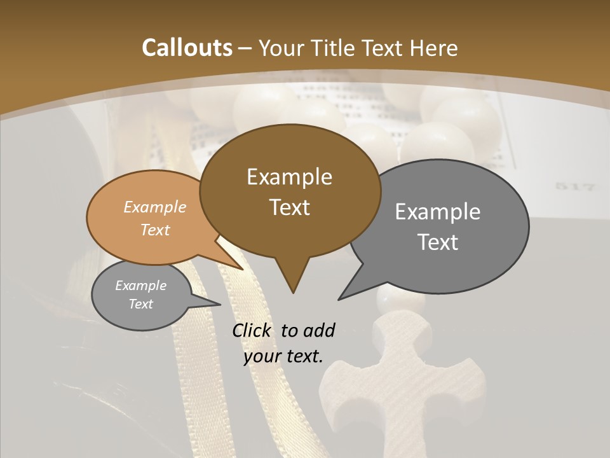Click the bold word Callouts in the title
(x=187, y=48)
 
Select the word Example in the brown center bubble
(x=289, y=176)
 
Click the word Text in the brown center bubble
(x=289, y=207)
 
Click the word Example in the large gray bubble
(x=438, y=211)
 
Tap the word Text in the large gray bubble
(x=438, y=242)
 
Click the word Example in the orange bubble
(x=155, y=207)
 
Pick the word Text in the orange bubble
(x=155, y=230)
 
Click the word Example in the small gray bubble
(x=140, y=286)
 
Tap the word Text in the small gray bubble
(x=140, y=304)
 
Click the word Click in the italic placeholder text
(x=252, y=330)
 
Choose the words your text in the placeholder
(x=283, y=356)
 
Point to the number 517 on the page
(x=574, y=187)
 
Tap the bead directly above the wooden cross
(x=391, y=300)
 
